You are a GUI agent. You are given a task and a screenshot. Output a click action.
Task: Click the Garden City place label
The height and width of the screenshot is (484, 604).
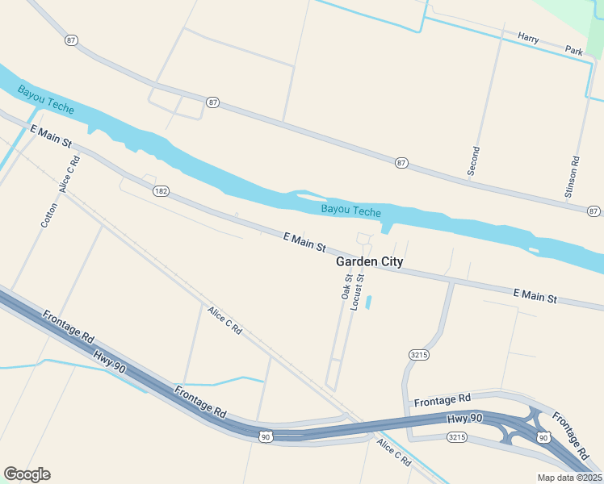pos(369,263)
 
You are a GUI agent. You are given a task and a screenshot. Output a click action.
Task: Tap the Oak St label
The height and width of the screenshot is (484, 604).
pos(346,287)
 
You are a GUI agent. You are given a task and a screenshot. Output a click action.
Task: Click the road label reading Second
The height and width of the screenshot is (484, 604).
pos(474,161)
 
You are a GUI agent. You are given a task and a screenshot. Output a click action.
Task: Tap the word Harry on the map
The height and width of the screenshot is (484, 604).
pos(528,38)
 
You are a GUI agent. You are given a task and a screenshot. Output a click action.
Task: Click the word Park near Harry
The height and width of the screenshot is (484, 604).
pos(574,51)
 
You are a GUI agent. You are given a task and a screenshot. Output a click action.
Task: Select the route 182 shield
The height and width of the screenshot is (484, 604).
pos(161,190)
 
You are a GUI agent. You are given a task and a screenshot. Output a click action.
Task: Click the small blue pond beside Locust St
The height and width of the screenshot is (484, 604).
pos(369,302)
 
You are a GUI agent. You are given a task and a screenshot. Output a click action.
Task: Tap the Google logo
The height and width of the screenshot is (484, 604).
pos(27,474)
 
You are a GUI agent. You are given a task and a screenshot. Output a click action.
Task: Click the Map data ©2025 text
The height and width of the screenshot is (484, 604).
pos(569,478)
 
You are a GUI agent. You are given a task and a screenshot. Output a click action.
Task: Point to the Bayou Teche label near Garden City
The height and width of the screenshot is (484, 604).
pos(350,211)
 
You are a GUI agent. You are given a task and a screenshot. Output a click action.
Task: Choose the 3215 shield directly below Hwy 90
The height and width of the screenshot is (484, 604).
pos(457,436)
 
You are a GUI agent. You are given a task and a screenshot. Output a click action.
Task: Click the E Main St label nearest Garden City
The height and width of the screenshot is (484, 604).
pos(304,240)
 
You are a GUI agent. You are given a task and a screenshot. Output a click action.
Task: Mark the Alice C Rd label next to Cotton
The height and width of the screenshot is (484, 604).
pos(70,174)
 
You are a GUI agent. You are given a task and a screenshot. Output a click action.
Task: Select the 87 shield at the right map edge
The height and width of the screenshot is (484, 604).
pos(594,211)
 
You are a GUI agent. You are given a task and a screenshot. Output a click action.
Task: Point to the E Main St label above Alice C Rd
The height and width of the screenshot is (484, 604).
pos(51,136)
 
